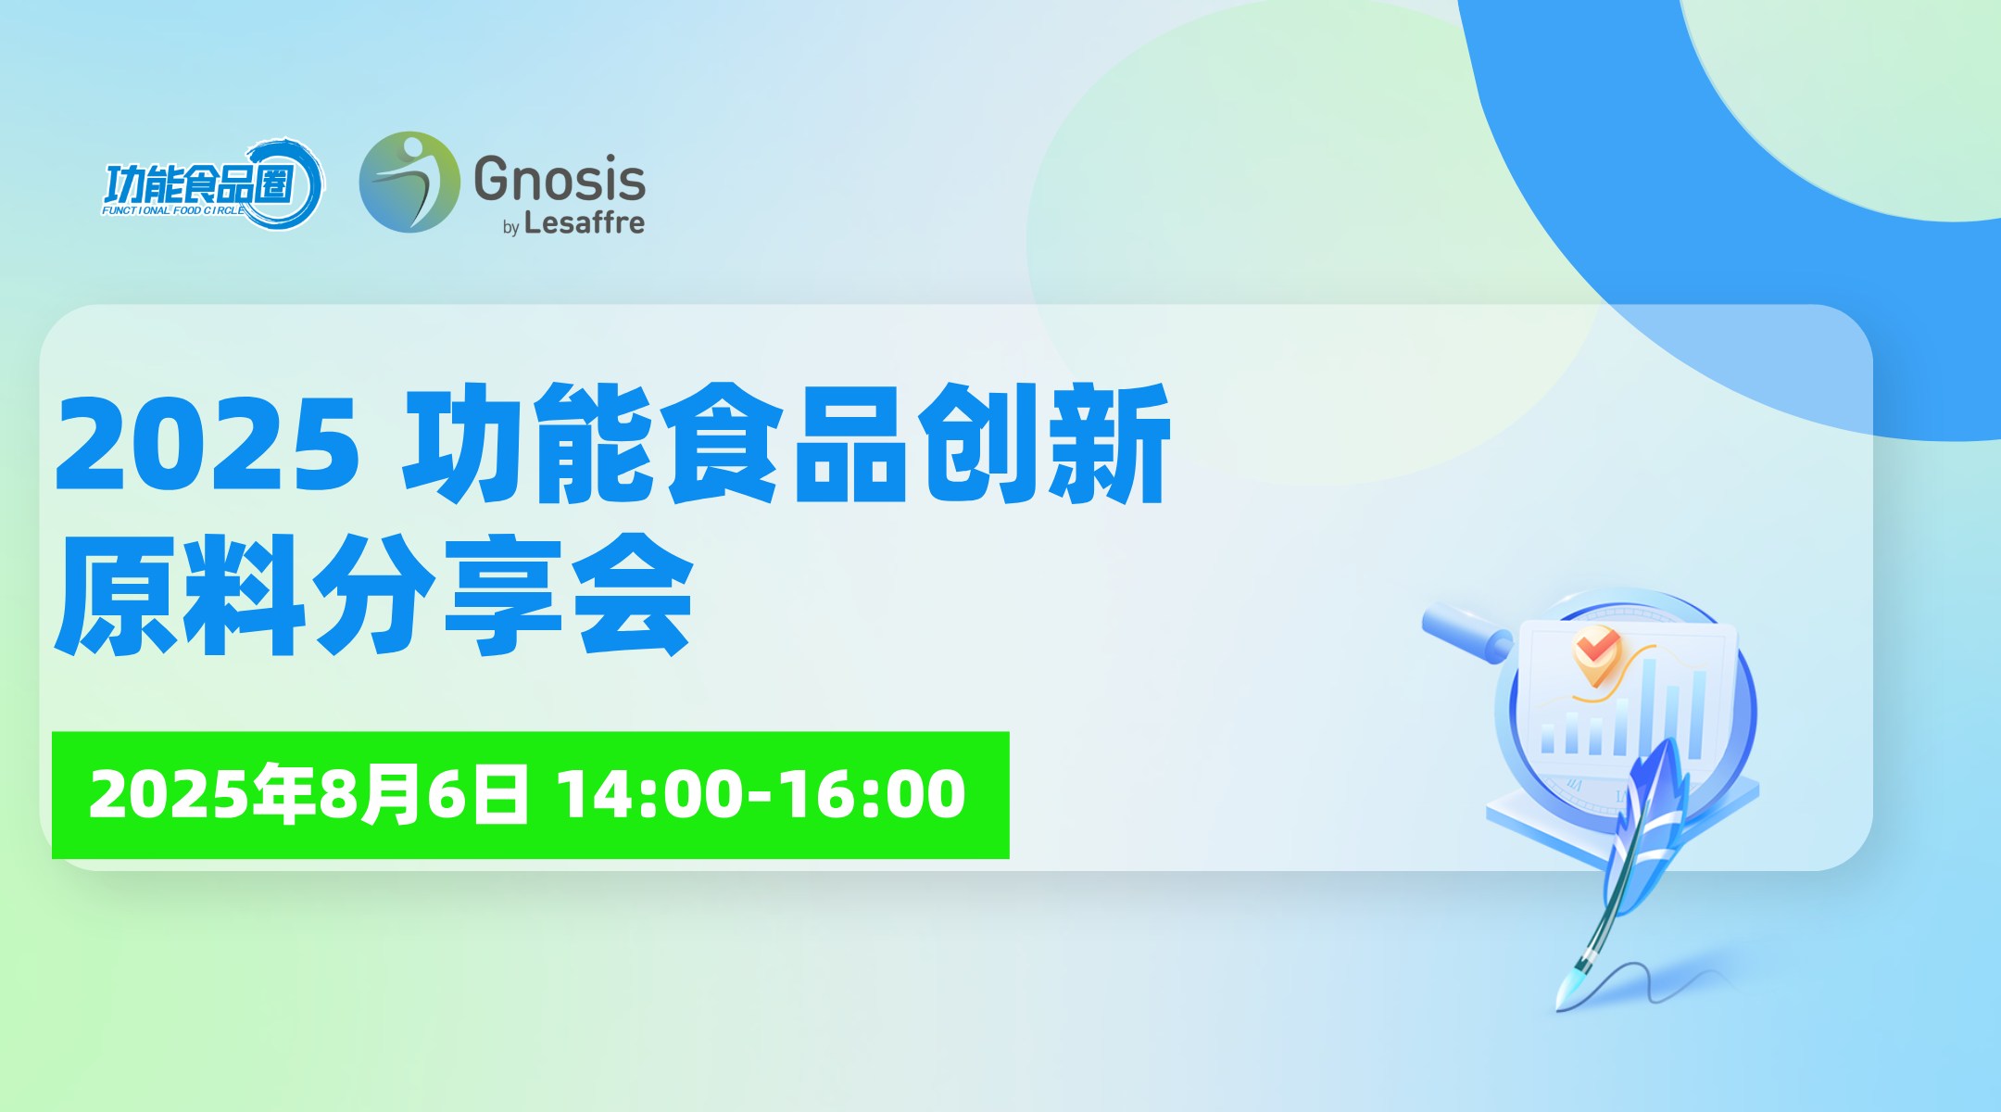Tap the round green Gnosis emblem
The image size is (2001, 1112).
point(409,182)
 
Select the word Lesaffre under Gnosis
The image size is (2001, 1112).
point(584,223)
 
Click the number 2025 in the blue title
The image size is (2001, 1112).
point(208,444)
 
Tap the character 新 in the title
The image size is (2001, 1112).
point(1113,443)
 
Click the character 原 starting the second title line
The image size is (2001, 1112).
point(117,594)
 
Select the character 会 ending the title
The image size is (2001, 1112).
point(633,594)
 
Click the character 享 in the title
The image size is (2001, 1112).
point(504,594)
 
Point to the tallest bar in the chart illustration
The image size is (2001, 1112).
point(1650,709)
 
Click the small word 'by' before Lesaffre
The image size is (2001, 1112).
point(510,227)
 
